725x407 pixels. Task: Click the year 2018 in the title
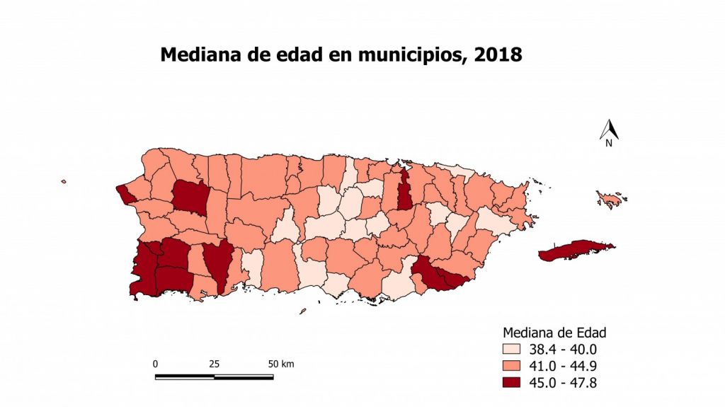[x=498, y=55]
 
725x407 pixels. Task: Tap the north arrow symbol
[x=609, y=129]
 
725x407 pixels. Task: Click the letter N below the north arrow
[x=608, y=144]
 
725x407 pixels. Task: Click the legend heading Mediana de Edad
[x=554, y=332]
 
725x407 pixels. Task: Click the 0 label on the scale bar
[x=155, y=364]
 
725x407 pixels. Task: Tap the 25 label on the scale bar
[x=214, y=364]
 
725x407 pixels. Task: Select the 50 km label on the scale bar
[x=281, y=364]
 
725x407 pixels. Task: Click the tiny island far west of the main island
[x=63, y=182]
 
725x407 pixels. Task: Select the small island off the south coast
[x=302, y=311]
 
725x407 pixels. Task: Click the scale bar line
[x=214, y=377]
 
